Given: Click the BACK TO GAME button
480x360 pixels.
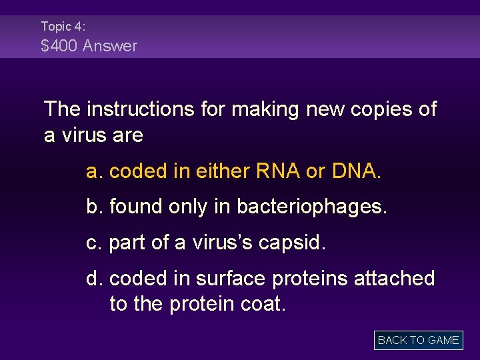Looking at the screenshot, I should tap(418, 340).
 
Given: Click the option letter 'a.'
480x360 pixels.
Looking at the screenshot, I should tap(95, 171).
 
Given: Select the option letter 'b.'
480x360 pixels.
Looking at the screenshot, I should tap(95, 207).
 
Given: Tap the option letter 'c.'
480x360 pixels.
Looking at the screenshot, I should tap(94, 242).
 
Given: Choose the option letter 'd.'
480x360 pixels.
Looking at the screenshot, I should tap(95, 278).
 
